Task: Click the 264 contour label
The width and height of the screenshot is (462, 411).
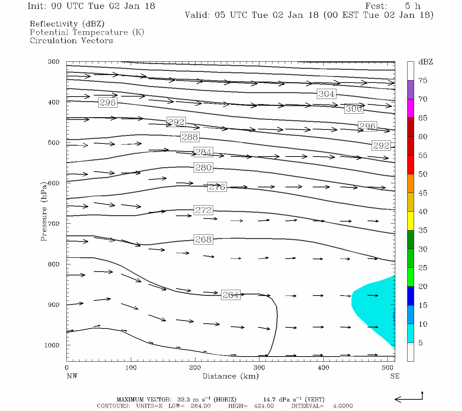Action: coord(231,295)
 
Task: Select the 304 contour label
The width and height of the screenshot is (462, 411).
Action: coord(326,94)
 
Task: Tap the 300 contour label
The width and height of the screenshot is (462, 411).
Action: coord(354,109)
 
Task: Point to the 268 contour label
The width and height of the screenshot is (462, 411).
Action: coord(203,239)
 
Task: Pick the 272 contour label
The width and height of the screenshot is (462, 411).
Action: coord(203,210)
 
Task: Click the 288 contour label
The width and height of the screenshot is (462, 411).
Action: coord(190,137)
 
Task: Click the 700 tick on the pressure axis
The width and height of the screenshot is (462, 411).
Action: coord(54,223)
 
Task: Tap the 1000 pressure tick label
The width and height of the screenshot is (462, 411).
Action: coord(52,345)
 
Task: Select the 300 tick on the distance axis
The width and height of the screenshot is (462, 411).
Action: coord(259,368)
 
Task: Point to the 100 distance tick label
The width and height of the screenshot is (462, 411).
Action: coord(131,368)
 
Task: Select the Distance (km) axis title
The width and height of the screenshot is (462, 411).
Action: coord(230,376)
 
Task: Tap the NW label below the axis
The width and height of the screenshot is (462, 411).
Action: coord(72,376)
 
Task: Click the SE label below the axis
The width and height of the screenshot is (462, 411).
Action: coord(395,376)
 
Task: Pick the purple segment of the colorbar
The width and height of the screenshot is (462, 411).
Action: coord(410,89)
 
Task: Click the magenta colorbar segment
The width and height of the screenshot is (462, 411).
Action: coord(410,108)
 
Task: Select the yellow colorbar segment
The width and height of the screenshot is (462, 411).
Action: coord(410,221)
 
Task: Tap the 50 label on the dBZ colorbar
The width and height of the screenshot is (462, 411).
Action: coord(423,174)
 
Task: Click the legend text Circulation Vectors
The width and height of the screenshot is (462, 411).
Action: coord(71,40)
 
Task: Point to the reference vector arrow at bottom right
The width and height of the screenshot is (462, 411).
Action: coord(409,398)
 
